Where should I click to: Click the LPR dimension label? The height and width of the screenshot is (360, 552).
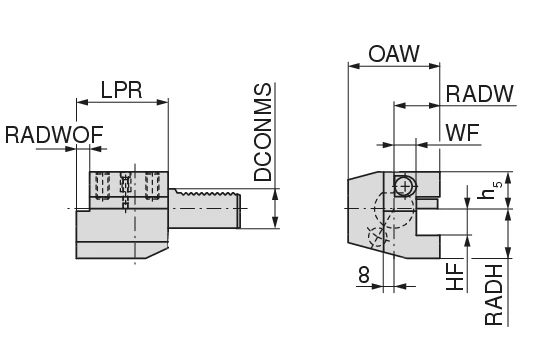click(121, 90)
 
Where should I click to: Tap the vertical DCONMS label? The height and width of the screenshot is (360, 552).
click(263, 132)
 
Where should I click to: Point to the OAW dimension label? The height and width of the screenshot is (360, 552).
click(393, 54)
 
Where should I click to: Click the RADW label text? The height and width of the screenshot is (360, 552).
click(479, 94)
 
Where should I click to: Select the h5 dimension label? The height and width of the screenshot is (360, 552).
click(488, 191)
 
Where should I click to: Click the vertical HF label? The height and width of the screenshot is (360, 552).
click(455, 275)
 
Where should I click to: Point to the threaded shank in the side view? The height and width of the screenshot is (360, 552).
click(207, 207)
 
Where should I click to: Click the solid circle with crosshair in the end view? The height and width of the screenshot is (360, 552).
click(402, 185)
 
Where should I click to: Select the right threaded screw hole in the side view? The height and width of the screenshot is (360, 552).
click(153, 185)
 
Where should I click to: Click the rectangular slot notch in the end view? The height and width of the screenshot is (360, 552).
click(428, 206)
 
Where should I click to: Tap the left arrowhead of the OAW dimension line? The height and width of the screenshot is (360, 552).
click(351, 67)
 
